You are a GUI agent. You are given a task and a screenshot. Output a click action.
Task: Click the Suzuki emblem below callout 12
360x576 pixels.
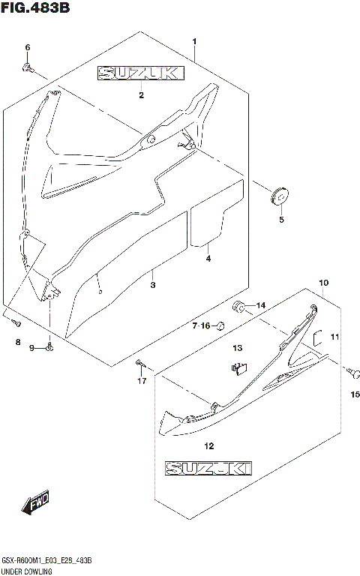[x=208, y=469]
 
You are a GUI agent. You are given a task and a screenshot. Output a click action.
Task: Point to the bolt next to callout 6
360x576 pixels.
[x=28, y=68]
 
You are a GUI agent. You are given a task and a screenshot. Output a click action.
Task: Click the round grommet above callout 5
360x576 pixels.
[x=280, y=197]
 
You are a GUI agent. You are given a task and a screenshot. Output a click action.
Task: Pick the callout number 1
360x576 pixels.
[x=193, y=40]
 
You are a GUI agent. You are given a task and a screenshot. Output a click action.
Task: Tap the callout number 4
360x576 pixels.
[x=208, y=259]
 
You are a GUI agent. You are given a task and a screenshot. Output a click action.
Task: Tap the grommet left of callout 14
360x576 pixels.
[x=238, y=305]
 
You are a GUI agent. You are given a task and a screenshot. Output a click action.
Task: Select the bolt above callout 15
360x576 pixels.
[x=349, y=370]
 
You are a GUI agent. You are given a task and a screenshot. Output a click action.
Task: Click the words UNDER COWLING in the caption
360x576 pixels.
[x=26, y=571]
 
